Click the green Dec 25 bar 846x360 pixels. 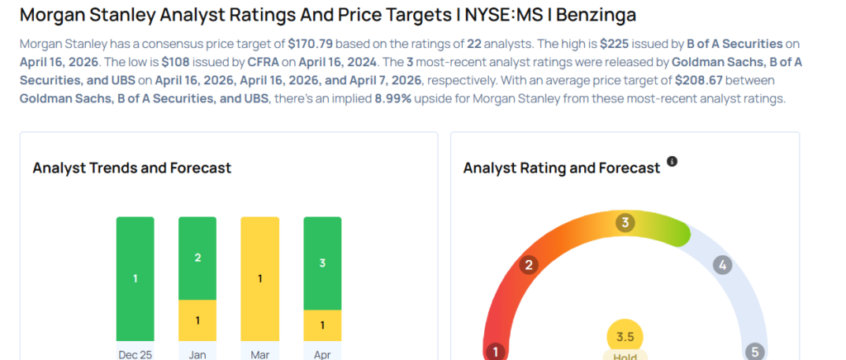[135, 278]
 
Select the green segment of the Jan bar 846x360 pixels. [197, 258]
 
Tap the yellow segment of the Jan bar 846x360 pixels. [197, 320]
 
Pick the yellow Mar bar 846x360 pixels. [260, 278]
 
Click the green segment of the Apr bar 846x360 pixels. [322, 263]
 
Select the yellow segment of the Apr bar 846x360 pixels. [322, 325]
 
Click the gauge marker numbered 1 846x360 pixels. [496, 352]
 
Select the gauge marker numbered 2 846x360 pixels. [528, 265]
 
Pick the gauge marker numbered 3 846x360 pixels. [625, 222]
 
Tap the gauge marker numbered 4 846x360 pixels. [722, 265]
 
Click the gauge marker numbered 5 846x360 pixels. [754, 352]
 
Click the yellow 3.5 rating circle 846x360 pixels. [625, 337]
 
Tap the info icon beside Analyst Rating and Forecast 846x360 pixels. [672, 162]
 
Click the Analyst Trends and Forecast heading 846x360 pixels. [131, 168]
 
